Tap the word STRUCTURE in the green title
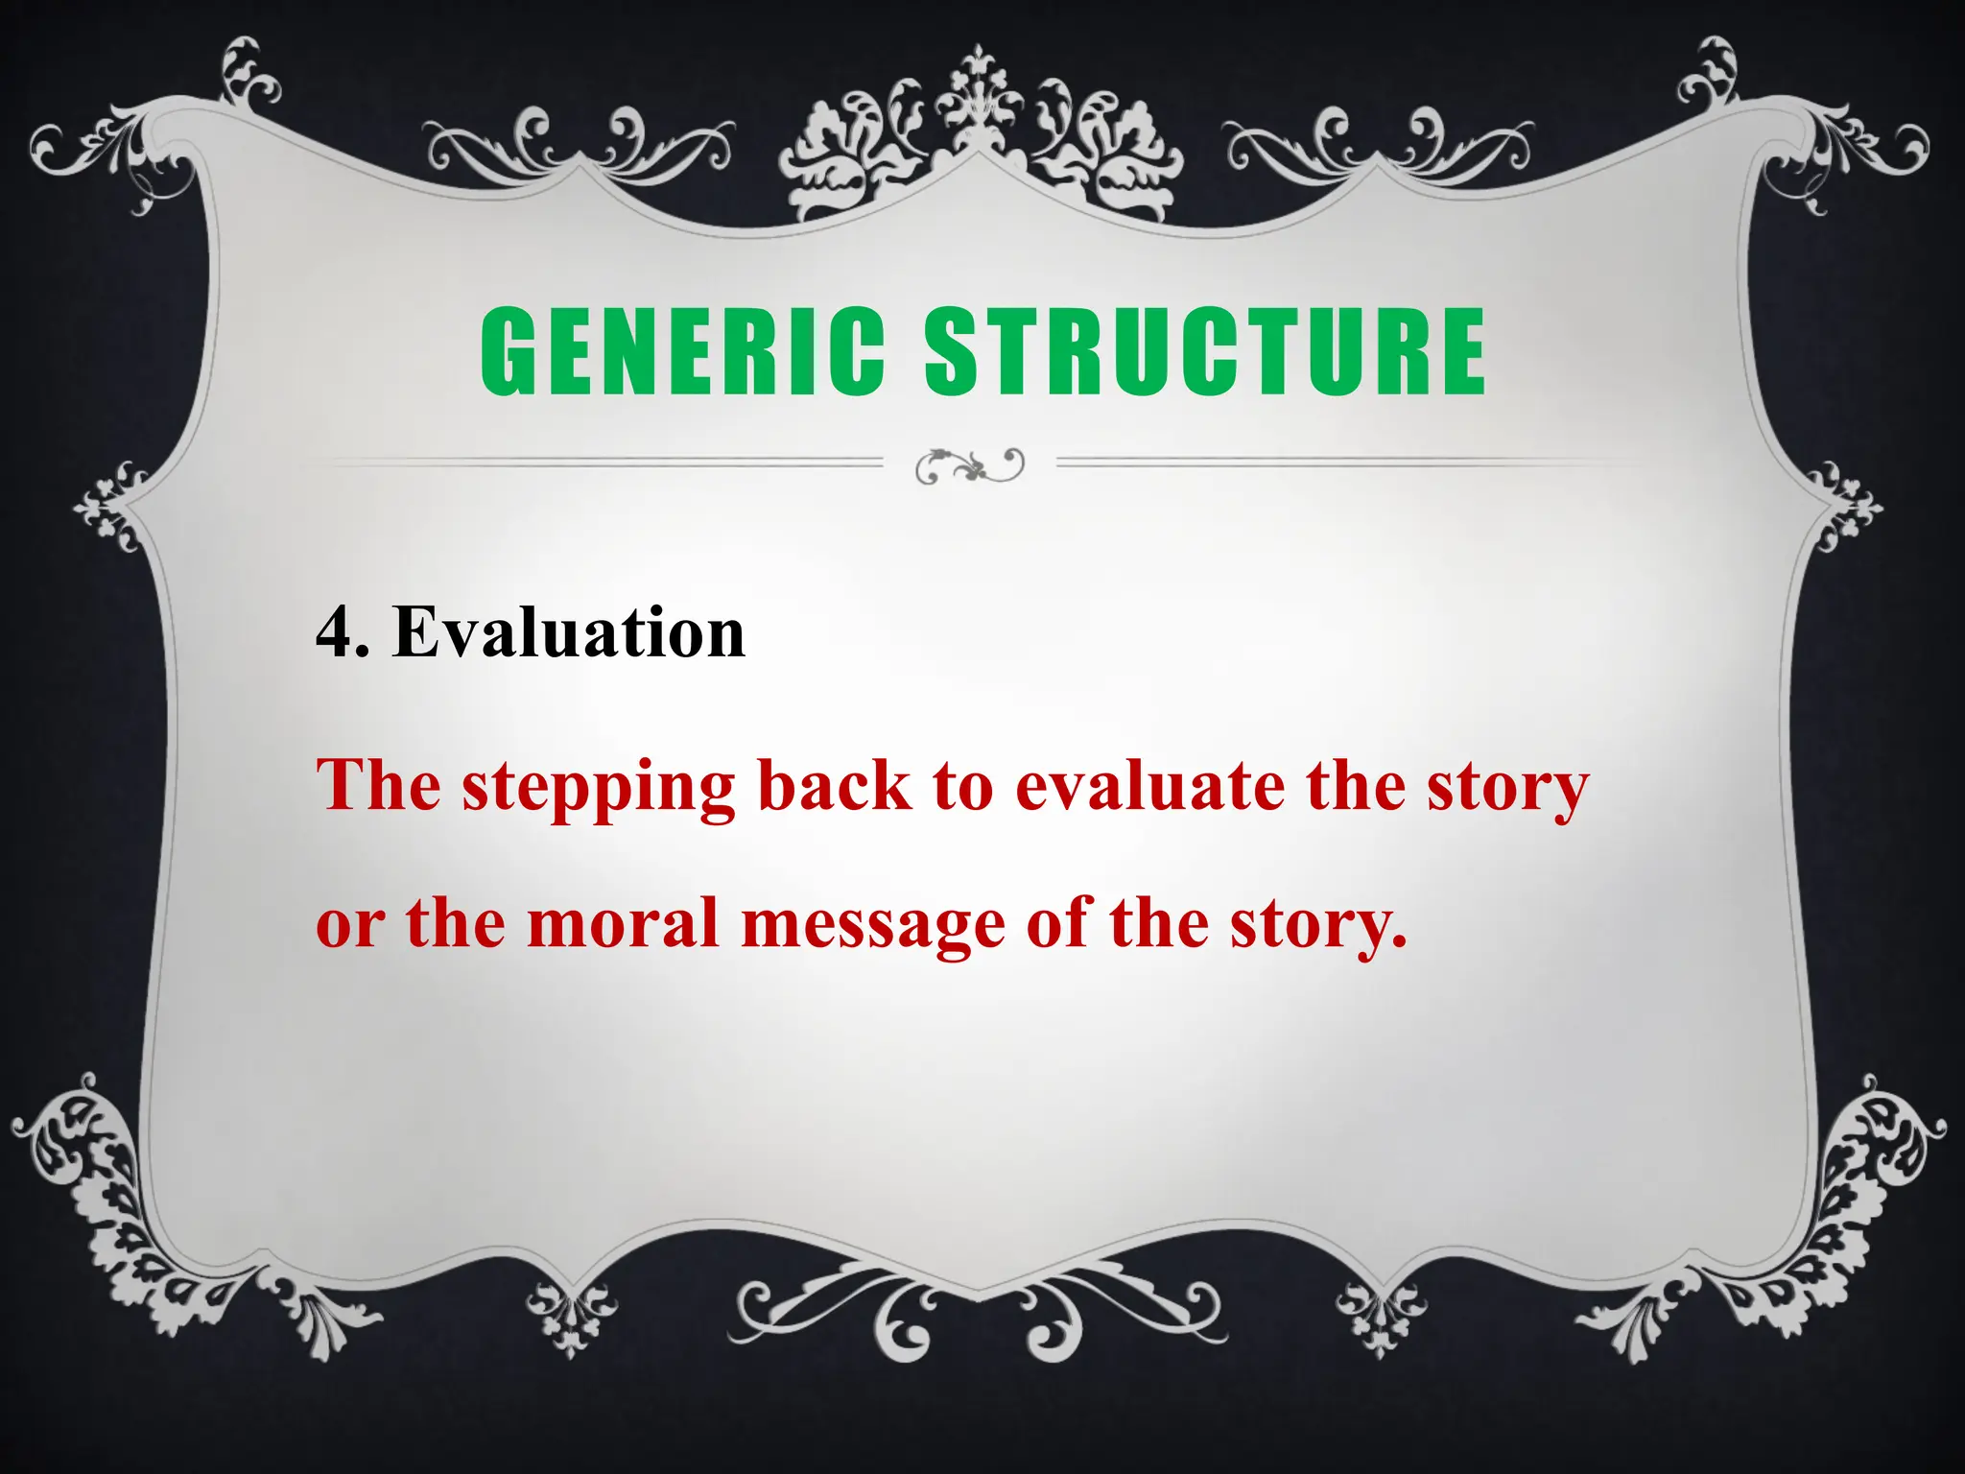(1205, 351)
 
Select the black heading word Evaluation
(569, 633)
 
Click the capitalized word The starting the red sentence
(379, 786)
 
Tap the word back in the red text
(834, 786)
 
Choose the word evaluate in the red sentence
(1150, 786)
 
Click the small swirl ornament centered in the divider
(970, 465)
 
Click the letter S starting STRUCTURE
(950, 351)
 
